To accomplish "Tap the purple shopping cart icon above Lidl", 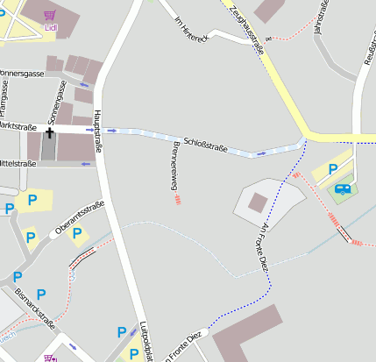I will tap(50, 15).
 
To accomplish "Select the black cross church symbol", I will tap(50, 132).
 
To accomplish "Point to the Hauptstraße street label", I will tap(99, 131).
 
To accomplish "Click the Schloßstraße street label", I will tap(205, 143).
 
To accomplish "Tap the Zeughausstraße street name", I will tap(250, 26).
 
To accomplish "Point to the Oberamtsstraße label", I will tap(80, 218).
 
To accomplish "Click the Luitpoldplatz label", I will tap(146, 342).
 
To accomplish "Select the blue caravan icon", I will tap(342, 188).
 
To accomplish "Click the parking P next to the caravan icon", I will tap(332, 169).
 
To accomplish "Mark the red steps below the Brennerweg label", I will tap(178, 200).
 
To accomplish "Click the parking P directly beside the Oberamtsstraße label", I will tap(76, 233).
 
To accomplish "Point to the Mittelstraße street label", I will tap(18, 164).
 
